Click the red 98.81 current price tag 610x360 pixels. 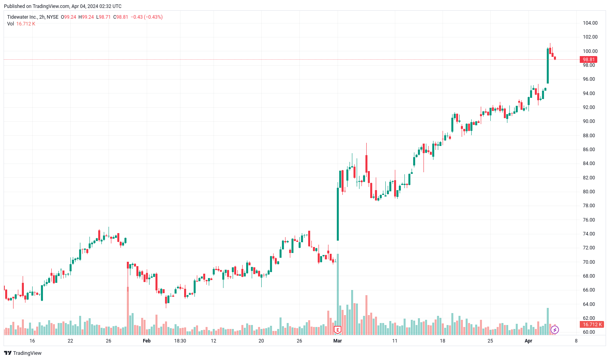click(x=589, y=60)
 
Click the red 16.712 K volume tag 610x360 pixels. click(x=592, y=325)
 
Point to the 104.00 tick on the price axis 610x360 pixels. click(x=590, y=23)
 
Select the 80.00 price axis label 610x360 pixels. click(x=589, y=192)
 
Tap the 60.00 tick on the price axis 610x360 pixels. click(x=589, y=332)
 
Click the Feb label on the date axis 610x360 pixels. click(x=147, y=341)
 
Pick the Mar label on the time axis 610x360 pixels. click(x=338, y=341)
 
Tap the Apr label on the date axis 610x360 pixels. click(x=528, y=341)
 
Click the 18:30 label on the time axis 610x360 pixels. click(x=180, y=341)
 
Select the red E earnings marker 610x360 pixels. click(x=338, y=330)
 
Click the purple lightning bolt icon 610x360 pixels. click(x=555, y=330)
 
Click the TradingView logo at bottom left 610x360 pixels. click(x=23, y=353)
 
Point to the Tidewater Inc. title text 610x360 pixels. click(x=22, y=17)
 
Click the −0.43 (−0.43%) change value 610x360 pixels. click(x=147, y=17)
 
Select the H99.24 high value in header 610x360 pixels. click(x=86, y=17)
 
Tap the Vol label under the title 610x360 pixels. click(x=10, y=24)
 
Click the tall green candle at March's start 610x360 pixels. click(x=338, y=214)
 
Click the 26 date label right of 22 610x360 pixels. click(x=109, y=341)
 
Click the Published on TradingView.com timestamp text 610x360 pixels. click(x=63, y=6)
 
